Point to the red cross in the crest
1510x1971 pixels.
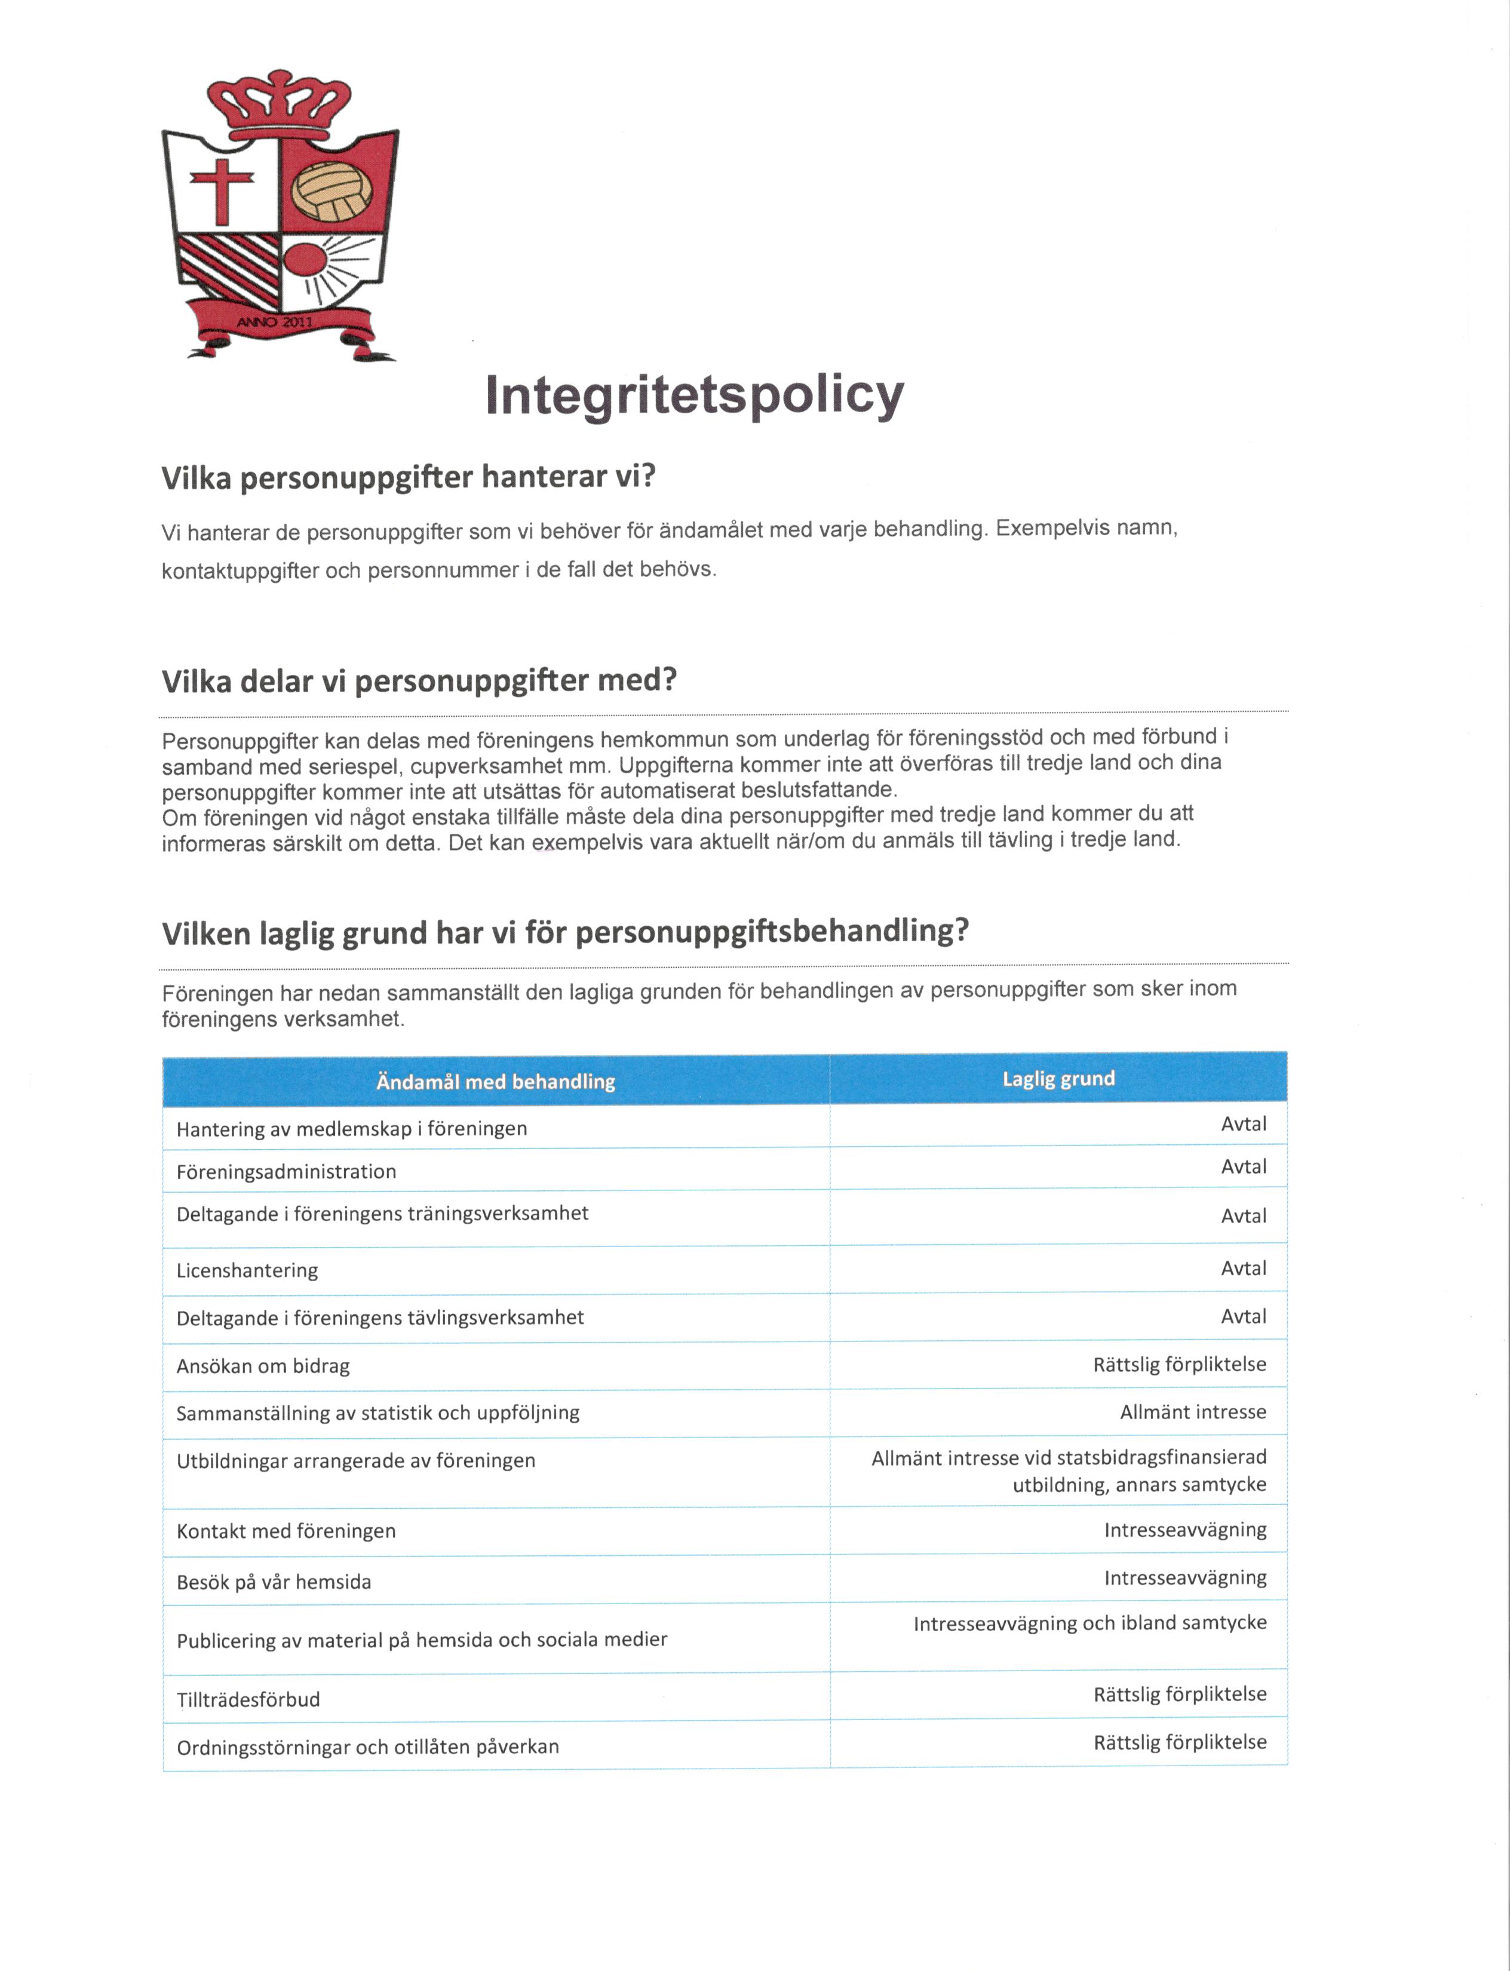point(221,189)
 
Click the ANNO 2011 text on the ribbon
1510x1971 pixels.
point(274,321)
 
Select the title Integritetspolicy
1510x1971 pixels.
point(694,395)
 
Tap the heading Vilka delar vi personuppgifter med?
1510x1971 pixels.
point(419,680)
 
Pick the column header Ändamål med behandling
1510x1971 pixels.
point(495,1081)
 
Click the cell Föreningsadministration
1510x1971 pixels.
point(286,1171)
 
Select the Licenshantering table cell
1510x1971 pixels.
point(247,1270)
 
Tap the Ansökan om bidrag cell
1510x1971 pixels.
point(262,1366)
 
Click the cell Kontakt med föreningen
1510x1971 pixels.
point(286,1531)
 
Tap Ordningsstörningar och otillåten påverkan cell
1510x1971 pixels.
point(367,1747)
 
